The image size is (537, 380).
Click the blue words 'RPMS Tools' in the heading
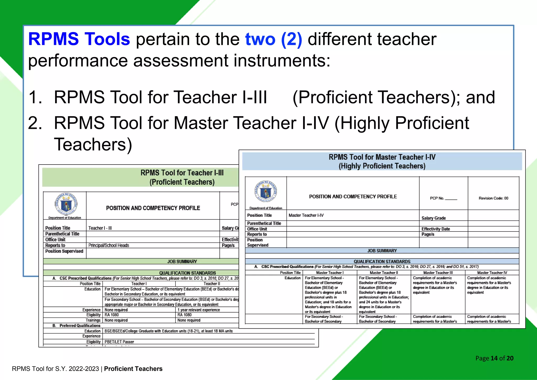pos(79,39)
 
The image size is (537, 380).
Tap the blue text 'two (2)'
pos(273,39)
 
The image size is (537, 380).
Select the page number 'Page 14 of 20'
pos(494,358)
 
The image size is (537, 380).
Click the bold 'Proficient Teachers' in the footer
pos(133,369)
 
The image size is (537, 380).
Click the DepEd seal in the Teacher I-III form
pos(66,204)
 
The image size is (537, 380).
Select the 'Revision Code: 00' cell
pos(493,198)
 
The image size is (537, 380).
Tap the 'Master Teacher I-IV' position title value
pos(306,215)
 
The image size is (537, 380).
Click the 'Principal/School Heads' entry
pos(109,245)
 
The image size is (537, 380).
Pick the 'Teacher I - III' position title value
pos(100,228)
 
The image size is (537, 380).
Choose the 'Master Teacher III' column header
pos(438,273)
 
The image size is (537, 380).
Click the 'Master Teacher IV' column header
pos(492,273)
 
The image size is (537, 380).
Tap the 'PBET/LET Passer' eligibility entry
pos(119,342)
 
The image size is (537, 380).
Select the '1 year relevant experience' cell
pos(198,310)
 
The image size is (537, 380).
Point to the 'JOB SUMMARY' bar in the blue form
pos(382,251)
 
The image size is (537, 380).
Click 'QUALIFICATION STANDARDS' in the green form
pos(187,273)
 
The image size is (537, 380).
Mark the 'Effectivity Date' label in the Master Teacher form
pos(436,229)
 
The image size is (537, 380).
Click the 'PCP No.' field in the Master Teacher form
pos(443,198)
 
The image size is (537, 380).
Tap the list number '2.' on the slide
pos(35,123)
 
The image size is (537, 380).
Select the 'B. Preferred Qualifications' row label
pos(76,325)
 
